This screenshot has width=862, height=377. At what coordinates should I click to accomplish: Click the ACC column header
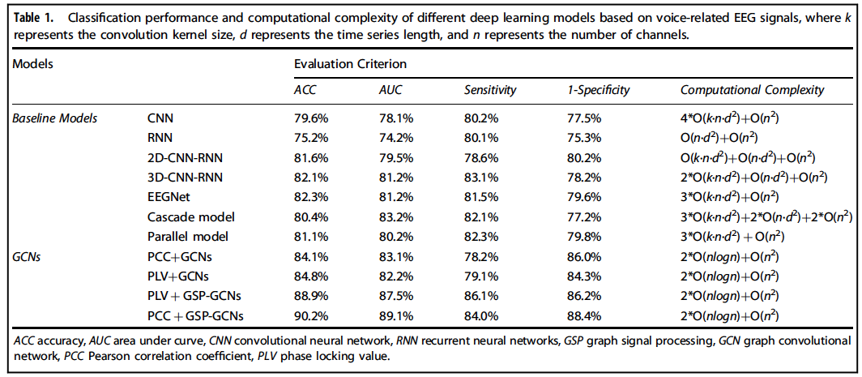pyautogui.click(x=305, y=90)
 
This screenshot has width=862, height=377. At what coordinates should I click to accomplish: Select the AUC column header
pyautogui.click(x=390, y=90)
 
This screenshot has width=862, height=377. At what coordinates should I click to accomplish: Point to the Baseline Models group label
pyautogui.click(x=55, y=118)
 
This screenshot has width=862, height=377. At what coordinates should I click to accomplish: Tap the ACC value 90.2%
pyautogui.click(x=309, y=315)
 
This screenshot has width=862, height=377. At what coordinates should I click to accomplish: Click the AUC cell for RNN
pyautogui.click(x=395, y=138)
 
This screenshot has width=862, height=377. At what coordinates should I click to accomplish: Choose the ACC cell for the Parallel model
pyautogui.click(x=309, y=237)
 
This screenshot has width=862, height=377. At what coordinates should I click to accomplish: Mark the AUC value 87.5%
pyautogui.click(x=395, y=295)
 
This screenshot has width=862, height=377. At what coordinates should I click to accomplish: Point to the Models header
pyautogui.click(x=31, y=63)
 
